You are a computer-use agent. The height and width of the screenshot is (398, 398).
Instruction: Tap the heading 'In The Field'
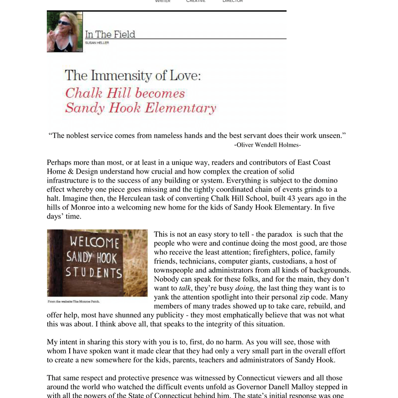click(x=110, y=34)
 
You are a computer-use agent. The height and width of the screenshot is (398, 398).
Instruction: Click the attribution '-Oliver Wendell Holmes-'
click(x=267, y=145)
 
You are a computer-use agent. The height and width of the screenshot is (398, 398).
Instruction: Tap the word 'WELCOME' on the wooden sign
click(x=95, y=243)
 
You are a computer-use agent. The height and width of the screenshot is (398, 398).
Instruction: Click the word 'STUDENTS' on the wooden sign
click(x=94, y=273)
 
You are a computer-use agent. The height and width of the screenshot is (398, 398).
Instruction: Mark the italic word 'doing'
click(x=245, y=288)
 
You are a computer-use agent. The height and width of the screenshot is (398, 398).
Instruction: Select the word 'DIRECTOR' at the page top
click(x=233, y=1)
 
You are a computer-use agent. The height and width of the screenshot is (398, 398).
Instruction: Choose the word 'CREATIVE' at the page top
click(x=196, y=1)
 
